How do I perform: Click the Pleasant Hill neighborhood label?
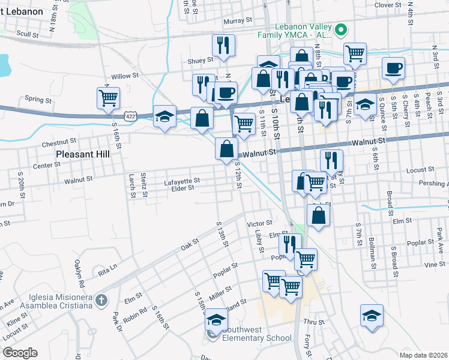click(83, 154)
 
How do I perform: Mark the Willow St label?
click(125, 76)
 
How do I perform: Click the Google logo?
click(20, 353)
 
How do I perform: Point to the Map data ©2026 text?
click(423, 355)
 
